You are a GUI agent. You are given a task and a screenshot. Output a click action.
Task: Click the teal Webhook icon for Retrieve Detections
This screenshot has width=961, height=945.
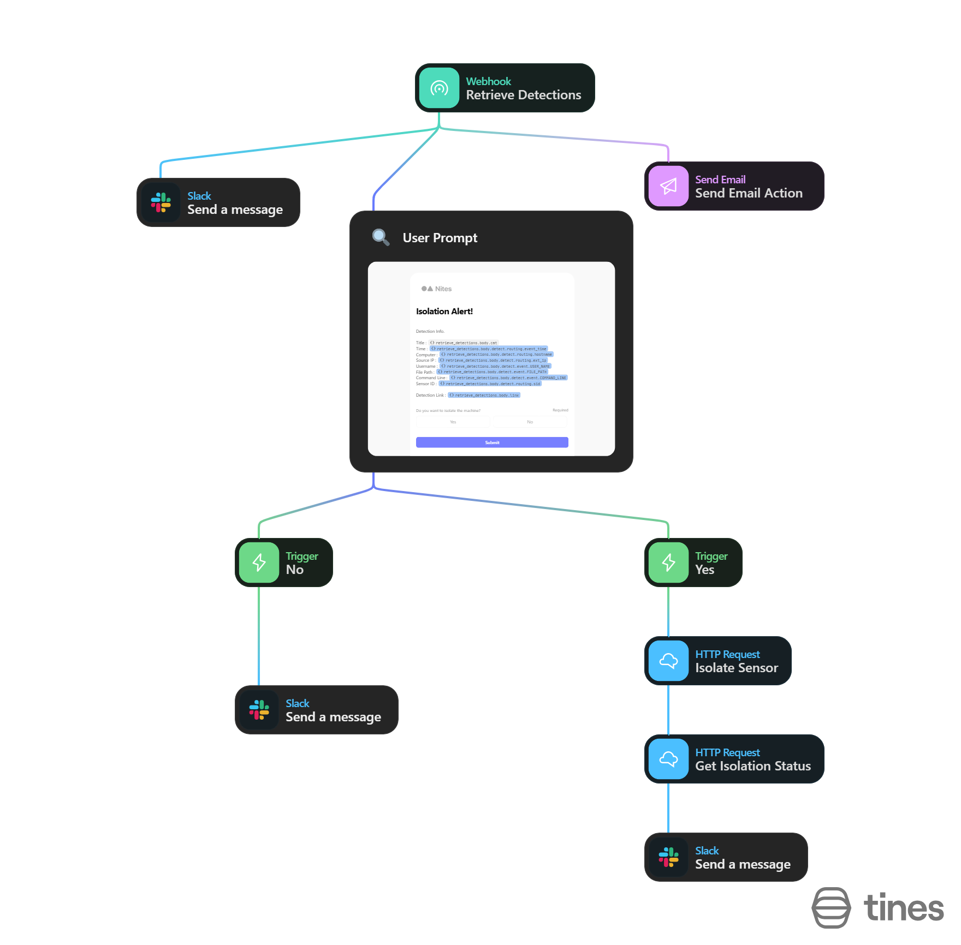(x=439, y=88)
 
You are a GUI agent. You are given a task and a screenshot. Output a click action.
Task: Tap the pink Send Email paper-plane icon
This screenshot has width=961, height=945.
(x=668, y=186)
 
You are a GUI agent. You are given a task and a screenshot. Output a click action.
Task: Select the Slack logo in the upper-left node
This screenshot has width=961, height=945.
(x=161, y=202)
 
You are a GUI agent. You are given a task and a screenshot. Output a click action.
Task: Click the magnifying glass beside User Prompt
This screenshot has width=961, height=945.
(x=381, y=237)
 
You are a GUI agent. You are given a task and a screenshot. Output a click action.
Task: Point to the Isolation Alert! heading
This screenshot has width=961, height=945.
(x=444, y=311)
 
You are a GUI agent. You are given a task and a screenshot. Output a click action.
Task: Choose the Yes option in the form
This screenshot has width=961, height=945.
(x=453, y=422)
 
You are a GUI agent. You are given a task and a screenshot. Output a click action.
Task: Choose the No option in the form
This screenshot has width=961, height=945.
(x=530, y=422)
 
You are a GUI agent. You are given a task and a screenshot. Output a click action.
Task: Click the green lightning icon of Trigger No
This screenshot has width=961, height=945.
(x=259, y=563)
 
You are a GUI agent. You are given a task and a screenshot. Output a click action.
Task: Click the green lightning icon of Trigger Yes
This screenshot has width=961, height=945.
(x=668, y=563)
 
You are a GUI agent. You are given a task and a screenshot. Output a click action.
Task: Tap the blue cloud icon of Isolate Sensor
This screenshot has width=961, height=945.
(x=668, y=661)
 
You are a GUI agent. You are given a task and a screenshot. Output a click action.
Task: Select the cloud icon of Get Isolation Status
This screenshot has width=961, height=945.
(x=668, y=759)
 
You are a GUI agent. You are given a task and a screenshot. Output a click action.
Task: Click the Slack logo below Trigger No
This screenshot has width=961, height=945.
(x=259, y=710)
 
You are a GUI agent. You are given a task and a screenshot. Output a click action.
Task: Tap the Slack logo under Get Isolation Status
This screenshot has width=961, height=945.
(x=668, y=857)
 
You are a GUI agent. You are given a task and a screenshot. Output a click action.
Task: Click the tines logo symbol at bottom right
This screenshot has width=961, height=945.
(x=831, y=907)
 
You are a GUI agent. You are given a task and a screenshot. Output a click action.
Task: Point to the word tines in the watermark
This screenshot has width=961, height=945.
(x=904, y=908)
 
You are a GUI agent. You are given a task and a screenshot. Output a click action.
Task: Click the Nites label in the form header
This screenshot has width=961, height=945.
(x=443, y=289)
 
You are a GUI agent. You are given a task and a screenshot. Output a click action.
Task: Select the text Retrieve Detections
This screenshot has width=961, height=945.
(x=523, y=95)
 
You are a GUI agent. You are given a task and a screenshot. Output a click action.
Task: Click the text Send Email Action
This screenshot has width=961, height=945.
(x=749, y=193)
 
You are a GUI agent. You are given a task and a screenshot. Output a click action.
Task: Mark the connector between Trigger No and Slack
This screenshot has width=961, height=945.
(x=259, y=636)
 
